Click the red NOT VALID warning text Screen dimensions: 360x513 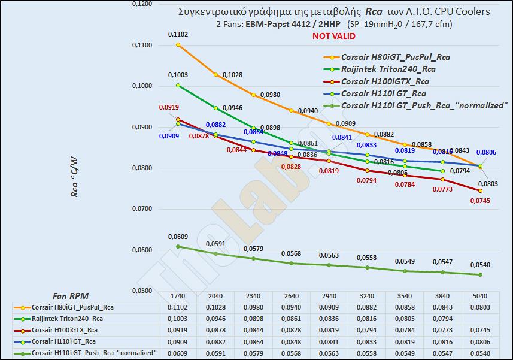333,36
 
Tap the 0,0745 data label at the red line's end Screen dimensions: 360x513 480,201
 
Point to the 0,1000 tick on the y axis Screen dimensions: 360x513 142,86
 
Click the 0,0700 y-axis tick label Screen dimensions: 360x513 142,209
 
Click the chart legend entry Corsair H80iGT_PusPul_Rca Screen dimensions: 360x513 395,58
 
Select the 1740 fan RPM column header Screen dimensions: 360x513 177,296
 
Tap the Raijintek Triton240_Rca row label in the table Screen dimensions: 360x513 67,319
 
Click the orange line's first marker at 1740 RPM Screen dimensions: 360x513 178,45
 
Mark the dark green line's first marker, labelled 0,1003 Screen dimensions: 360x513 178,85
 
